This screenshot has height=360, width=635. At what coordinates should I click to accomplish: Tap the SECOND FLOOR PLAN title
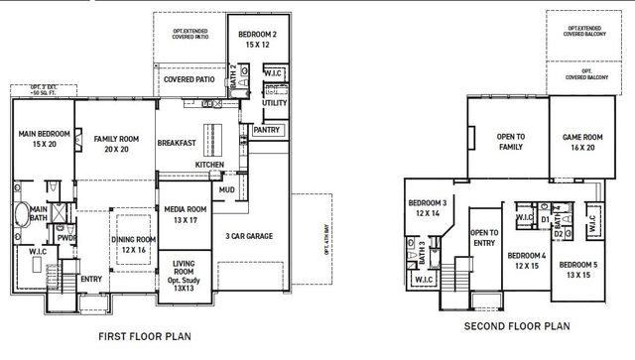(x=516, y=324)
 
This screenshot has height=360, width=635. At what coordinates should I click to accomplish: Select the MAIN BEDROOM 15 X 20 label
(x=41, y=140)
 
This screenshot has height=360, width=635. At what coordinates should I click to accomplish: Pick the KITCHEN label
(x=209, y=164)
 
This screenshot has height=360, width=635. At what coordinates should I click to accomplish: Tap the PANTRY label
(x=267, y=129)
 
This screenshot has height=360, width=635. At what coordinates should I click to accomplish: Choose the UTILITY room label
(x=274, y=102)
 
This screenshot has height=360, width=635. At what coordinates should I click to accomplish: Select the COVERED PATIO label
(x=190, y=78)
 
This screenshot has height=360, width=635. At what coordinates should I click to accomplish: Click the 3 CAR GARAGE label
(x=249, y=236)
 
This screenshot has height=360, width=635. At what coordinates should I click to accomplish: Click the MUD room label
(x=227, y=188)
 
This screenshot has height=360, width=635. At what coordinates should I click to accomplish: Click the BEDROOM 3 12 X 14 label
(x=428, y=207)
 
